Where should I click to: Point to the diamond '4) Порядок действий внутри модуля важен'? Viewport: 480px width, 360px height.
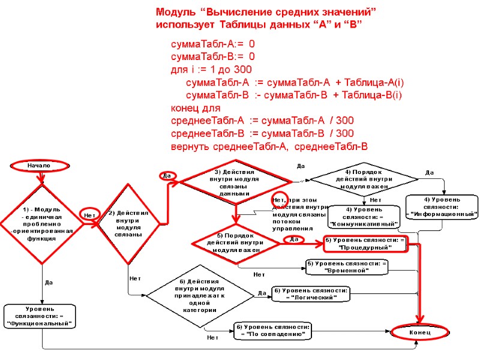click(x=364, y=178)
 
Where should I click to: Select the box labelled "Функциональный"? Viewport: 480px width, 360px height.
click(x=41, y=316)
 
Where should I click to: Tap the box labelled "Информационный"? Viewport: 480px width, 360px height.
click(x=443, y=206)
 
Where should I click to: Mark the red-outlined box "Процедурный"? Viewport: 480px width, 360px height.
click(x=365, y=243)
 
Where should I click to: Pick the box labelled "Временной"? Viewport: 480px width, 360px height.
click(x=347, y=266)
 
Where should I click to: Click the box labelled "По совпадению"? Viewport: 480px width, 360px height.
click(x=273, y=330)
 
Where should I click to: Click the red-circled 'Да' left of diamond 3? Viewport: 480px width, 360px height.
click(x=168, y=176)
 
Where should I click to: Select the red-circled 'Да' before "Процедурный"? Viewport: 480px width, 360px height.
click(x=293, y=239)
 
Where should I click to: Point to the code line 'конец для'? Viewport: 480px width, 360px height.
click(x=196, y=108)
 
